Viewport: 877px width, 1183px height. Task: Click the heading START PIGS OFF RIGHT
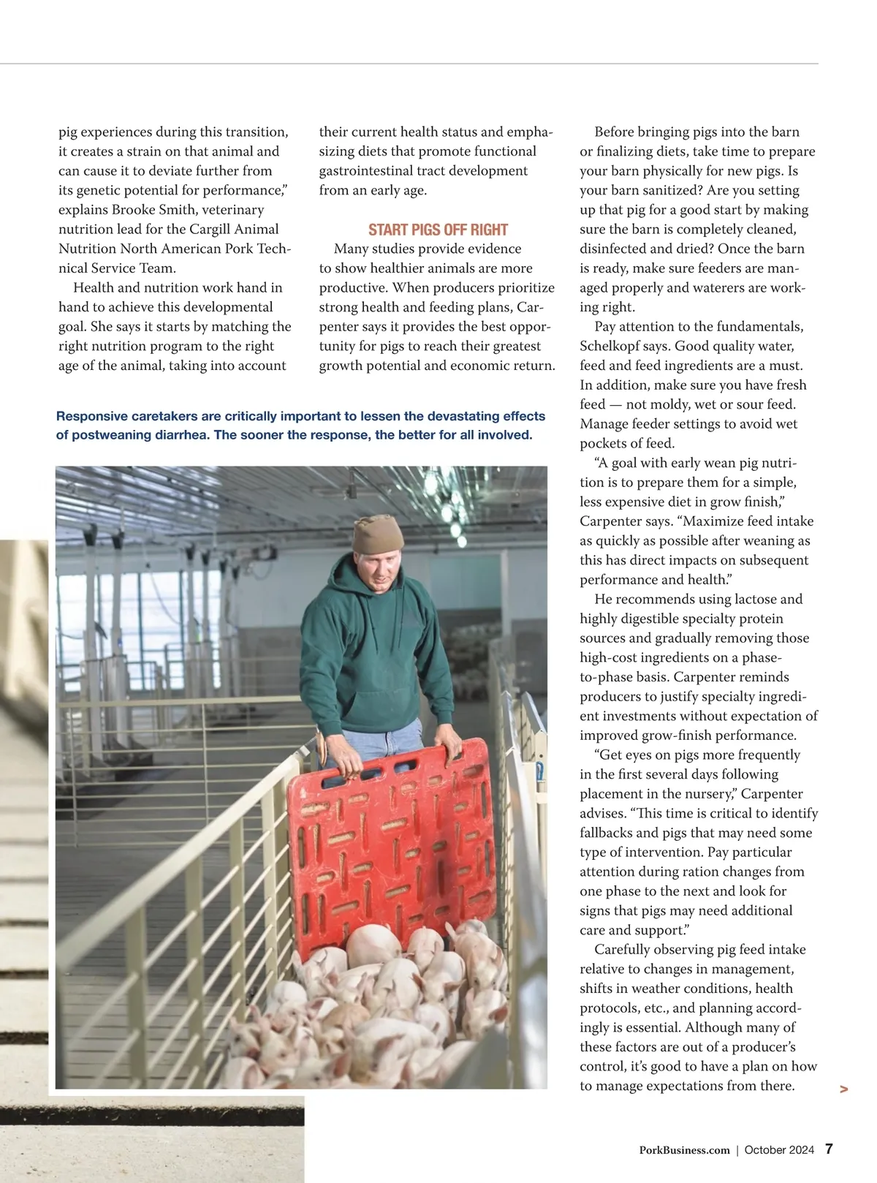(438, 230)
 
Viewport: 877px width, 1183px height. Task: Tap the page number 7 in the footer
(829, 1149)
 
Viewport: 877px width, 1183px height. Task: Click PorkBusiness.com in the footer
(684, 1150)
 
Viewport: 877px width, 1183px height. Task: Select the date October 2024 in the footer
(779, 1150)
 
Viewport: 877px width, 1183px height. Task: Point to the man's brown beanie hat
(377, 533)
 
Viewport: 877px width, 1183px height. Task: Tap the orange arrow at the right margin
(844, 1089)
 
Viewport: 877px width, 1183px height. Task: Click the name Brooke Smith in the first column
(153, 210)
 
